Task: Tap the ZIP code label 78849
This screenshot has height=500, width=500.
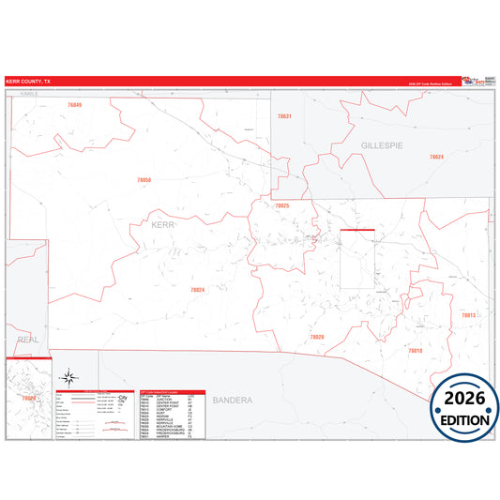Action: point(75,104)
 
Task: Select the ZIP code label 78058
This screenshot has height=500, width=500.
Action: point(144,178)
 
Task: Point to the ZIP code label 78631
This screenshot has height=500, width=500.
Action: point(284,115)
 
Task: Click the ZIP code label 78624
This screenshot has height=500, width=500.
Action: point(436,157)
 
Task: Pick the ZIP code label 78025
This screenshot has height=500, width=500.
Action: point(282,205)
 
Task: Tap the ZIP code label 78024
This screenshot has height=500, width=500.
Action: point(197,290)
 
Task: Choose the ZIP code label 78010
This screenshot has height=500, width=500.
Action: point(415,350)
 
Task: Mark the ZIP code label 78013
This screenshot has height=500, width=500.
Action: point(468,315)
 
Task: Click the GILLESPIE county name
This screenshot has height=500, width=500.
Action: point(382,145)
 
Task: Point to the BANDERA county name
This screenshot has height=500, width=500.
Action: point(232,401)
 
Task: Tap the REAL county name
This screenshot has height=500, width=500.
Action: point(28,340)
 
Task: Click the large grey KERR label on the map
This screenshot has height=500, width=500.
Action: point(162,224)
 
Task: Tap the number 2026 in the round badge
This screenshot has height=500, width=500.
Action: point(464,395)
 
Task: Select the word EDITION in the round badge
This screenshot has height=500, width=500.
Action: point(464,418)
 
